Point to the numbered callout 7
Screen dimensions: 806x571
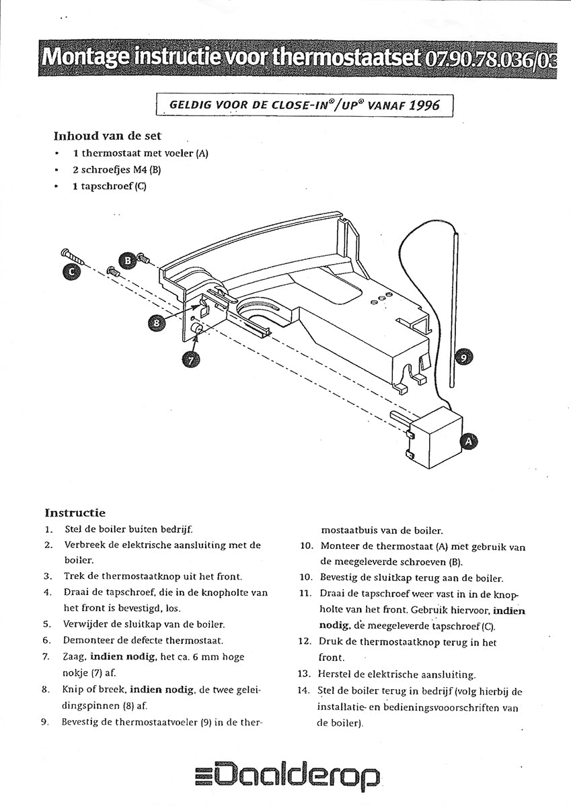click(x=190, y=360)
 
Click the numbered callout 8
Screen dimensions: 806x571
click(x=157, y=322)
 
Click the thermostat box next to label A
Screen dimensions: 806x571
click(x=436, y=437)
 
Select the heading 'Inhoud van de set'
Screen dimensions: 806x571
click(x=107, y=136)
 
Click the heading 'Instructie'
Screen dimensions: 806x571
click(x=75, y=513)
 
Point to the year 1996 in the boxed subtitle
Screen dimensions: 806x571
click(x=424, y=105)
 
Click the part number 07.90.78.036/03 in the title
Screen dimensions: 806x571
click(x=490, y=59)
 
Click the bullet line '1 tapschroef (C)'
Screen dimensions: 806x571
click(x=109, y=186)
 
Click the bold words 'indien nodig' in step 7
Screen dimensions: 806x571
click(x=123, y=656)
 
